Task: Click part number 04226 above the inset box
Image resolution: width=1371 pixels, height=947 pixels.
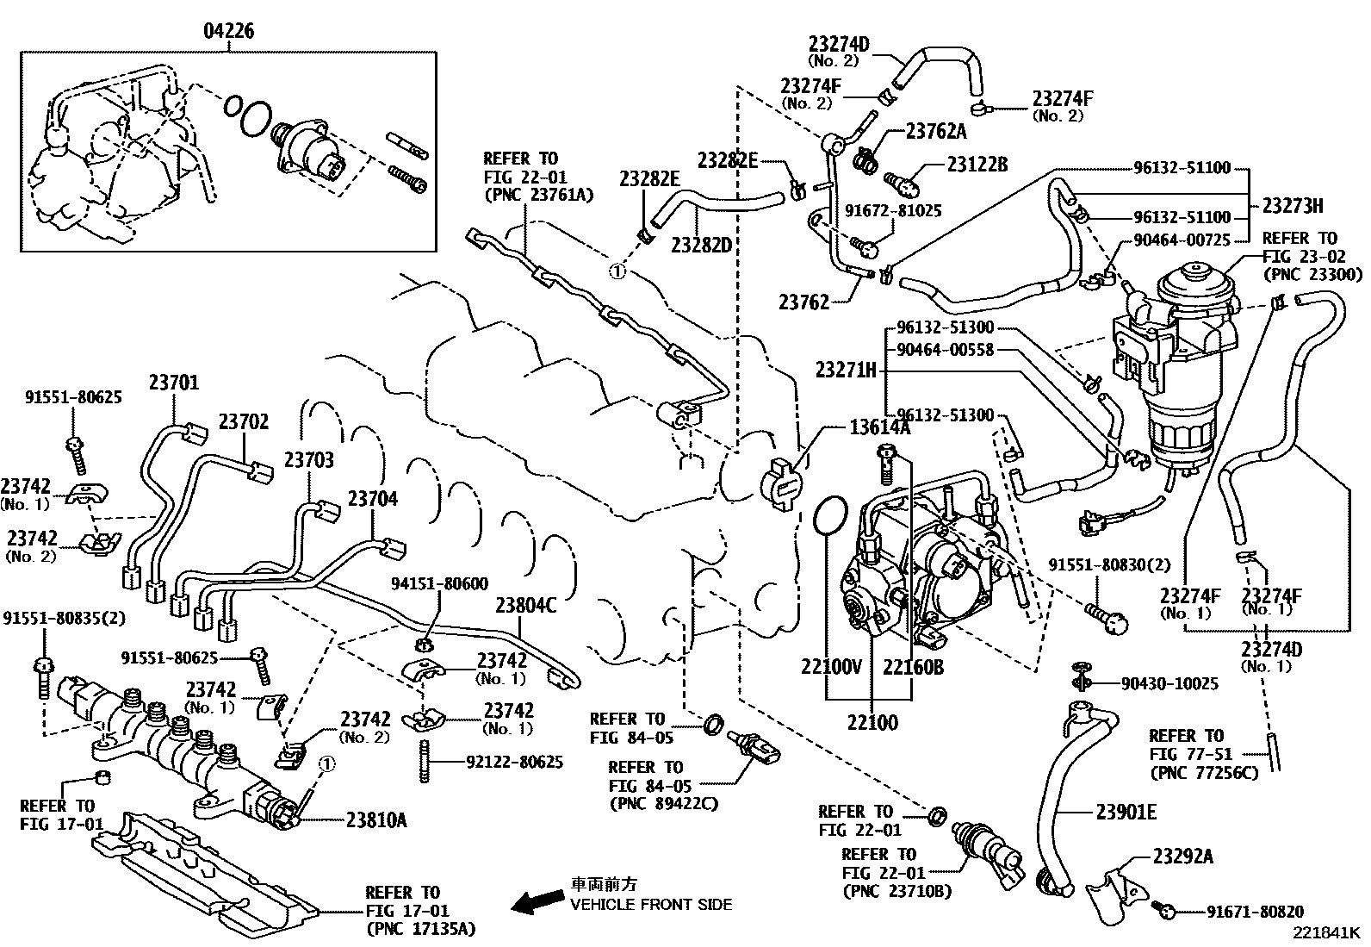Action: tap(228, 32)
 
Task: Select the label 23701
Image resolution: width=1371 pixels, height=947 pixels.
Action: tap(173, 382)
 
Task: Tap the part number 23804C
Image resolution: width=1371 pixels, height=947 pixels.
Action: tap(525, 606)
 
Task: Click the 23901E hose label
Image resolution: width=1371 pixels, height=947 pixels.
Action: tap(1126, 811)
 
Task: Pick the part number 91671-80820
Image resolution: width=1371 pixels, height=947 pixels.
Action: tap(1255, 911)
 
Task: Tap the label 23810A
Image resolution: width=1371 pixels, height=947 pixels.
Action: tap(376, 820)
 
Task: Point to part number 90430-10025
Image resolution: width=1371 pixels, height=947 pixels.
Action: tap(1169, 683)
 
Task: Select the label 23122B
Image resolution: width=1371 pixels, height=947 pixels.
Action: tap(977, 165)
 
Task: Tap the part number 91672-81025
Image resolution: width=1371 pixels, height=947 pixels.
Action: tap(893, 210)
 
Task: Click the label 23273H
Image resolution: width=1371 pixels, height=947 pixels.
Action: tap(1293, 206)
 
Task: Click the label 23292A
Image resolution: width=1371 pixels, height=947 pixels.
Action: tap(1183, 857)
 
